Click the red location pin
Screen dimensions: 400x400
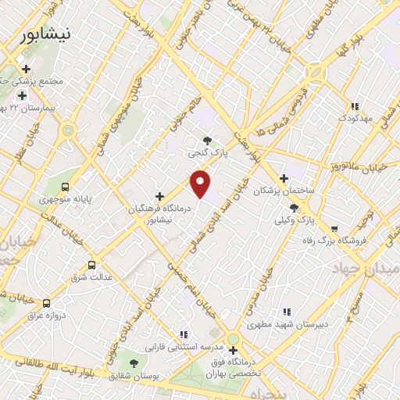(x=201, y=184)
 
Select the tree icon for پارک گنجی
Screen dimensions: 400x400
(x=206, y=141)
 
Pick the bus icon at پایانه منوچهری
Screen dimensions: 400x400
(x=64, y=187)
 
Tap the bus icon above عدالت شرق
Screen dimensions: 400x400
(x=92, y=265)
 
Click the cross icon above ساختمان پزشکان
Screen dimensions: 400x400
(x=284, y=178)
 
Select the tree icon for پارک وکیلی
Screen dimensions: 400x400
(x=294, y=208)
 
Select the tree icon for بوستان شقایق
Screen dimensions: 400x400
(x=134, y=363)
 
